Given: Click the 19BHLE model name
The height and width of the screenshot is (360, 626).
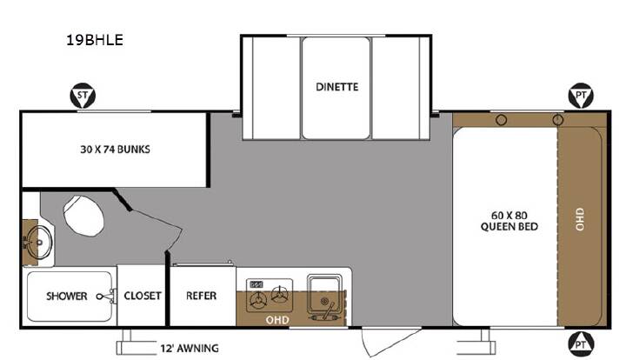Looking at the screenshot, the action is coord(95,40).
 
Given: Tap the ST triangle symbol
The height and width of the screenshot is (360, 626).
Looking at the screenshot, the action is coord(83,97).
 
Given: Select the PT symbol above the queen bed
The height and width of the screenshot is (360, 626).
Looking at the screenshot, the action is coord(581,96).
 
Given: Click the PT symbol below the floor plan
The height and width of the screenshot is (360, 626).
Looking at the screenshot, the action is coord(581,343).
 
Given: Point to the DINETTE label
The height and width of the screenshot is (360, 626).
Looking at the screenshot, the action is coord(337,87).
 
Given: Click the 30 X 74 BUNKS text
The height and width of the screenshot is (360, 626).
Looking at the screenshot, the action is coord(115,150).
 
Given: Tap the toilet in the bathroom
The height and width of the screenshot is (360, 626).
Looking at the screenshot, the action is coord(83,216).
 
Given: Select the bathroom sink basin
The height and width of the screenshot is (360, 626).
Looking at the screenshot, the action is coord(40,242).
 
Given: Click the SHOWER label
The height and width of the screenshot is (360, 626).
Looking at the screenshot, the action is coord(67,297).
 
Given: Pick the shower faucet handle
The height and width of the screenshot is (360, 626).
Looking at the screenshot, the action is coord(106,297).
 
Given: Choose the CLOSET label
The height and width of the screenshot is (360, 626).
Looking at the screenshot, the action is coord(143,296).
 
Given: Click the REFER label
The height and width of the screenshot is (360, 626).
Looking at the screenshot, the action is coord(201,296).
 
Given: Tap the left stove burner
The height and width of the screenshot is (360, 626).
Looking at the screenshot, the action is coord(257,299).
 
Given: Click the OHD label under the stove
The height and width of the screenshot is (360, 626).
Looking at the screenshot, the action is coord(277,320).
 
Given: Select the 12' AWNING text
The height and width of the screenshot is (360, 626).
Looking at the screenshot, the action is coord(190,349).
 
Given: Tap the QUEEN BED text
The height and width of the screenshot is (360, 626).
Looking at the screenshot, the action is coord(509,227).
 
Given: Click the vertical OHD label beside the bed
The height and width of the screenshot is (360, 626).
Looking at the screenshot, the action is coord(580,219).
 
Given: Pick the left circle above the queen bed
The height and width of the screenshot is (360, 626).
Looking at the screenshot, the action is coord(502,120).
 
